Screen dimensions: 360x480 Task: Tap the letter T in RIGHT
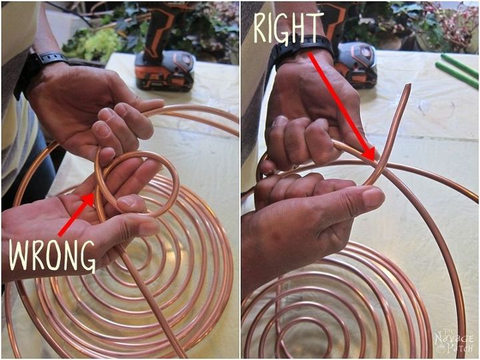coord(315,27)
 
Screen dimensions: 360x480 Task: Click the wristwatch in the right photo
coord(302,49)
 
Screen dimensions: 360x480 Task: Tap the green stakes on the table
coord(457,71)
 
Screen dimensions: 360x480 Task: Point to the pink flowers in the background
coord(447,20)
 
